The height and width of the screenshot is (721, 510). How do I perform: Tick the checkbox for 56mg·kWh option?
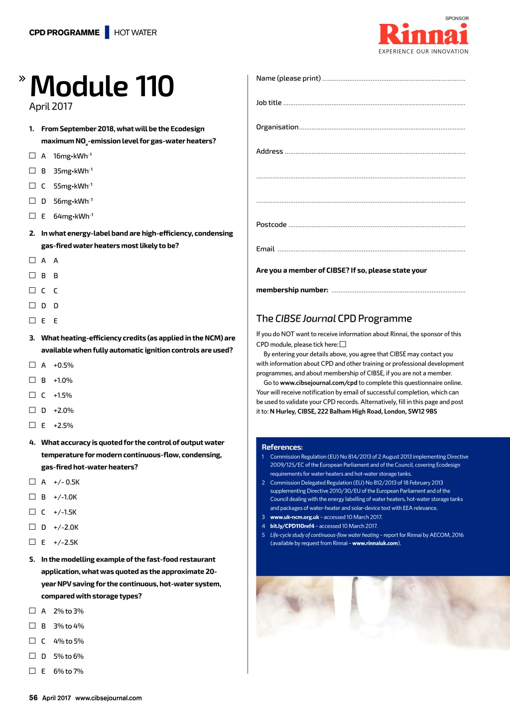pos(32,201)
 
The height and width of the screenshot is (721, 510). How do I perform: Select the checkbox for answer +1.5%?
pos(32,395)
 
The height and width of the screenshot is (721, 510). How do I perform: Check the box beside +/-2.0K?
pos(32,527)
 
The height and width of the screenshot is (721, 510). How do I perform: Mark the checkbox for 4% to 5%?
pos(32,641)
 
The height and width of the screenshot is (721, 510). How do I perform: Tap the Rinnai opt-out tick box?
pos(343,344)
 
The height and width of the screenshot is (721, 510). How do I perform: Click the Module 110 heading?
pos(102,86)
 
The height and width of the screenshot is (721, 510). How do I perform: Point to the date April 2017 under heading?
pos(51,107)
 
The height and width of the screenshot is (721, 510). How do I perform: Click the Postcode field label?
pos(271,225)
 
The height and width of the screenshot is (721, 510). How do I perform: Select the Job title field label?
pos(269,103)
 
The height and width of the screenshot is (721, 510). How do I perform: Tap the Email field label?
pos(265,249)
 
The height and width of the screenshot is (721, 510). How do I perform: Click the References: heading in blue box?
pos(282,447)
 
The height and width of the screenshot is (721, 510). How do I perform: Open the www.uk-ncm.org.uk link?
pos(294,517)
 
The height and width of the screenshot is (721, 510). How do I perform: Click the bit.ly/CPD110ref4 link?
pos(292,526)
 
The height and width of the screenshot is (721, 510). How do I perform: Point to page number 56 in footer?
pos(33,698)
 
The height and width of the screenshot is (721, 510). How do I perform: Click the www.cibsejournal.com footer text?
pos(109,698)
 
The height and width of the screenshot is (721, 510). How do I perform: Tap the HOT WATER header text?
pos(135,33)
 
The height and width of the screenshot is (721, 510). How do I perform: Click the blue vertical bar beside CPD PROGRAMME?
pos(107,32)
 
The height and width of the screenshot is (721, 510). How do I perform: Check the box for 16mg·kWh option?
pos(32,155)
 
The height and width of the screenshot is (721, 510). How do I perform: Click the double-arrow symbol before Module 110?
pos(22,78)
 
